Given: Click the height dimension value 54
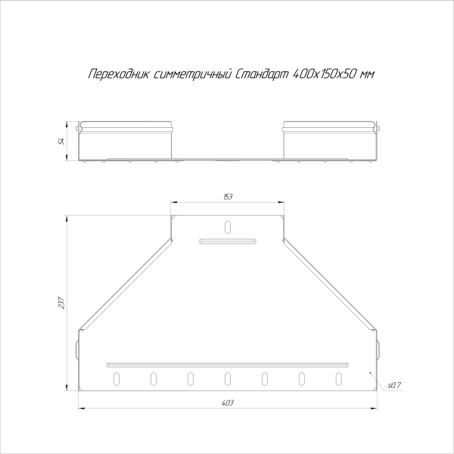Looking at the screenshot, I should [67, 139].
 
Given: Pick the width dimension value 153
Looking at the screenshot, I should [228, 197].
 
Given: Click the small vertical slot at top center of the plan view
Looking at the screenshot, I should [229, 226].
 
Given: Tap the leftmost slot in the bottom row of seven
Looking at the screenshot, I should [117, 376].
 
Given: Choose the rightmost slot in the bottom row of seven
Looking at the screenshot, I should [338, 376].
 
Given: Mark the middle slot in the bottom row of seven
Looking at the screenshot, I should [228, 376].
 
